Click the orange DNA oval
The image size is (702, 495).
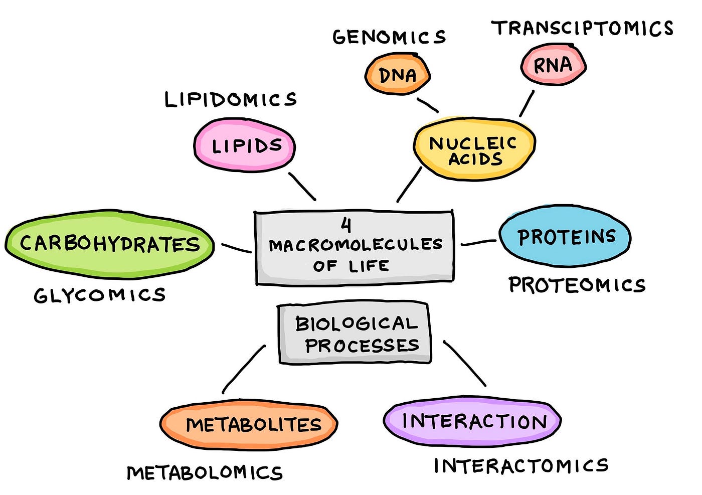pos(397,75)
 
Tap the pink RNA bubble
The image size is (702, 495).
pos(553,65)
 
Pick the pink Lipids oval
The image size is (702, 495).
pos(245,145)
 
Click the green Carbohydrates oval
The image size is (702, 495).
pos(110,244)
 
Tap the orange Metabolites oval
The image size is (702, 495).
pos(249,425)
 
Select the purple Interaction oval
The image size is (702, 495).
pos(472,421)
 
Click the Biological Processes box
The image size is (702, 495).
pos(355,333)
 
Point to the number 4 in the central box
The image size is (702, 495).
pos(346,225)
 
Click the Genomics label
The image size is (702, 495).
pos(389,37)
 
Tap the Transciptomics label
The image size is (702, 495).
pos(582,28)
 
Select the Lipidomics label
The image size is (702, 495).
pos(231,99)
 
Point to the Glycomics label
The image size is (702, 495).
pos(100,295)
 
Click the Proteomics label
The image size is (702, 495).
pos(577,285)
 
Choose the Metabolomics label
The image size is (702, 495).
pos(205,473)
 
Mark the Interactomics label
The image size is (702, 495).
pos(521,466)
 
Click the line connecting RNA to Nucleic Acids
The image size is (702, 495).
pos(526,103)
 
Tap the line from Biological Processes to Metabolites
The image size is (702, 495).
pos(244,369)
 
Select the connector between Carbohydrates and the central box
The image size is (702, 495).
pos(236,248)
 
